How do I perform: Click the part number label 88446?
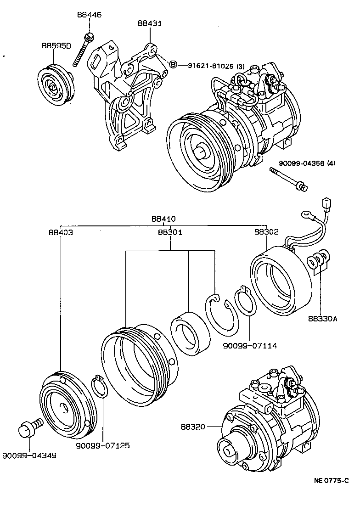point(89,15)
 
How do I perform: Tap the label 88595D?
point(56,46)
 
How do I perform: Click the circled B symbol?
point(174,65)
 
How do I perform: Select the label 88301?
point(170,232)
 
